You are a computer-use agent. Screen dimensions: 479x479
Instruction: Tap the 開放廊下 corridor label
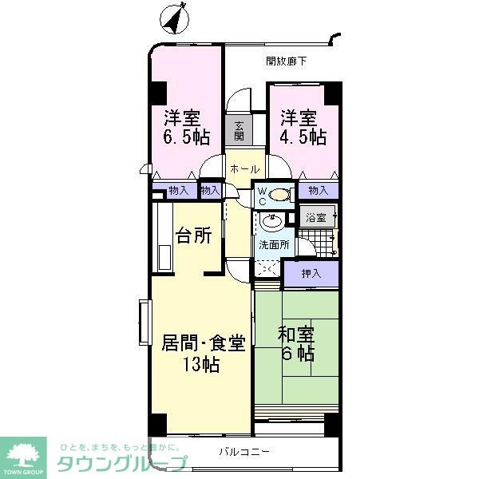pos(286,61)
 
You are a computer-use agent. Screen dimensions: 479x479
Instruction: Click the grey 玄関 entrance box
pos(240,130)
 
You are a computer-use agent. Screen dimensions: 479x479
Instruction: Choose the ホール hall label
pos(243,169)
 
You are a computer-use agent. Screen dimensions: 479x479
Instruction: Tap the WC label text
pos(261,196)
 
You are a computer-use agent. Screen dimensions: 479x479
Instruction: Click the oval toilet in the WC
pos(280,194)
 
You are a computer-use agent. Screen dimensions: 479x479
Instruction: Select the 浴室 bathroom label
pos(316,217)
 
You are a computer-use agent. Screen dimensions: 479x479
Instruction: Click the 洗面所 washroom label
pos(272,245)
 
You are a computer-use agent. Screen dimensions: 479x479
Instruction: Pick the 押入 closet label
pos(311,274)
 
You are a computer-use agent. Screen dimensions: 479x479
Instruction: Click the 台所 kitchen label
pos(193,236)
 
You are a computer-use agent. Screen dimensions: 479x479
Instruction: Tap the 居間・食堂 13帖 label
pos(203,354)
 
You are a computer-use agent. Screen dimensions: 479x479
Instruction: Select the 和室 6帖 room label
pos(296,344)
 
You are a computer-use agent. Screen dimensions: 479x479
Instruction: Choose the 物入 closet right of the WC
pos(318,190)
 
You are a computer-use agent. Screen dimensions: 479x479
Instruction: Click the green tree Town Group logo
pos(26,456)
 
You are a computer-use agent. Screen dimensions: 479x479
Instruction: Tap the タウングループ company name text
pos(121,464)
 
